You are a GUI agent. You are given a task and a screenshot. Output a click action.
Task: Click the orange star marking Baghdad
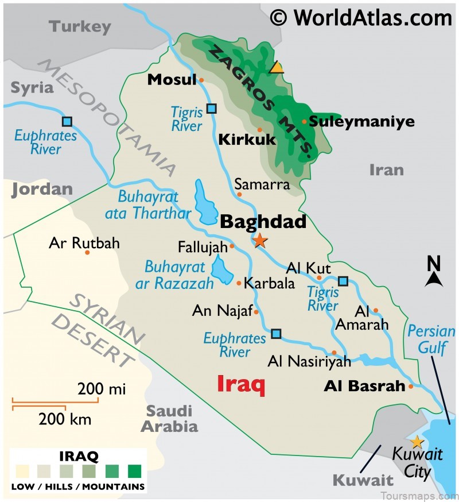(x=260, y=240)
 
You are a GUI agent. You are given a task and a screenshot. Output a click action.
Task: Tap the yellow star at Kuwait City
(x=417, y=442)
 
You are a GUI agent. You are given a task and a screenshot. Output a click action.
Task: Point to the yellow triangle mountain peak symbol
(x=277, y=68)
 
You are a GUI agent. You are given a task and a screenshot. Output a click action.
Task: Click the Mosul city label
(x=168, y=79)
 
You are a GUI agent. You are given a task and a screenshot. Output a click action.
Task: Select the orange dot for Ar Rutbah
(x=87, y=252)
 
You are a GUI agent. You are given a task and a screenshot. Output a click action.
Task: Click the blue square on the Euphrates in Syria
(x=67, y=121)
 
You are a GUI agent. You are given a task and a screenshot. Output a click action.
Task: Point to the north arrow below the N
(x=434, y=279)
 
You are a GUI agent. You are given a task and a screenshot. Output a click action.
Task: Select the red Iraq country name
(x=241, y=384)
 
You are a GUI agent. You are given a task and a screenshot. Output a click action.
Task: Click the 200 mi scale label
(x=102, y=389)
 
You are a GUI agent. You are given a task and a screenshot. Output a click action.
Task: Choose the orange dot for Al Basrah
(x=411, y=387)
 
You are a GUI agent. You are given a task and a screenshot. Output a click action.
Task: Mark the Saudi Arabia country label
(x=170, y=418)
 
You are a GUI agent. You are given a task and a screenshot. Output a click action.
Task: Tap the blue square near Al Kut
(x=343, y=281)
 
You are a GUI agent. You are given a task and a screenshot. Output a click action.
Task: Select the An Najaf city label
(x=222, y=311)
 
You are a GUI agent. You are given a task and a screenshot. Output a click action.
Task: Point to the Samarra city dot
(x=239, y=194)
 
